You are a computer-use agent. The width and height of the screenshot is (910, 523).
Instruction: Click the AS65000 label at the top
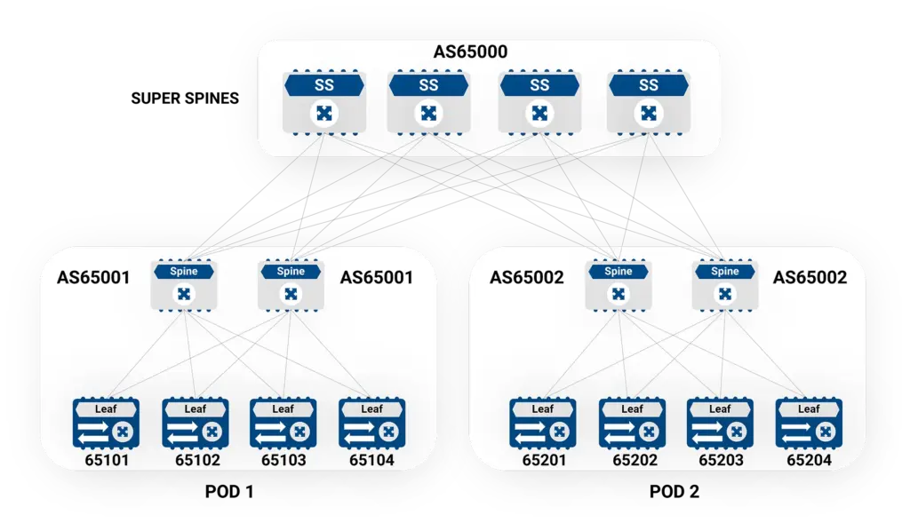[470, 52]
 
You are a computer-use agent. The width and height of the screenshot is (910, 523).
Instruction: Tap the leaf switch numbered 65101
[107, 424]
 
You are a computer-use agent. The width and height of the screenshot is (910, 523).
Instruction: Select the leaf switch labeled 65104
[372, 424]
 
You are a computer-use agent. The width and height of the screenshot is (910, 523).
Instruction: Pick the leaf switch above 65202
[632, 424]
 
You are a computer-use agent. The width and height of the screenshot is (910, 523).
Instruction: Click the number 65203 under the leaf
[720, 460]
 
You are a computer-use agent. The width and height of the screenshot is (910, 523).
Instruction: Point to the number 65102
[197, 460]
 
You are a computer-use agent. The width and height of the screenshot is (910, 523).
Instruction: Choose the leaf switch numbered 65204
[809, 424]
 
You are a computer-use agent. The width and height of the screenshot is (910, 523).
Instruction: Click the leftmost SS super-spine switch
[323, 103]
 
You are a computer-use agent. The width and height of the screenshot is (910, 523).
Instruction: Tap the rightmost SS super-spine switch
[649, 103]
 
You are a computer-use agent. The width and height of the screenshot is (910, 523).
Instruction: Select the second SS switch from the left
[428, 103]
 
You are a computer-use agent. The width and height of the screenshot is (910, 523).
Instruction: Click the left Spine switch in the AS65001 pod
[184, 285]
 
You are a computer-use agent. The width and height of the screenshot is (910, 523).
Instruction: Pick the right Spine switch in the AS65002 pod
[725, 285]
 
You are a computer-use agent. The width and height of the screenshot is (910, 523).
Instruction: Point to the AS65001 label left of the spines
[93, 278]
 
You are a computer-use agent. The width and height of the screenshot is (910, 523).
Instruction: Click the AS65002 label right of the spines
[810, 278]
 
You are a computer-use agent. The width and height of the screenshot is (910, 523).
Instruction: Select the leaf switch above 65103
[283, 424]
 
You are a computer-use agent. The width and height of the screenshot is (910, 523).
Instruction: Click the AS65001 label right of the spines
[376, 278]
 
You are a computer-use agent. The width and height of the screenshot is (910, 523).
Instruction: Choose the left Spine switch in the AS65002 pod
[619, 285]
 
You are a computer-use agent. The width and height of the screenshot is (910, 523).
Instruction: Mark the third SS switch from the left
[539, 103]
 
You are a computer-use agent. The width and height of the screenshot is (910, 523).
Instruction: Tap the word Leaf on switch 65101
[107, 409]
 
